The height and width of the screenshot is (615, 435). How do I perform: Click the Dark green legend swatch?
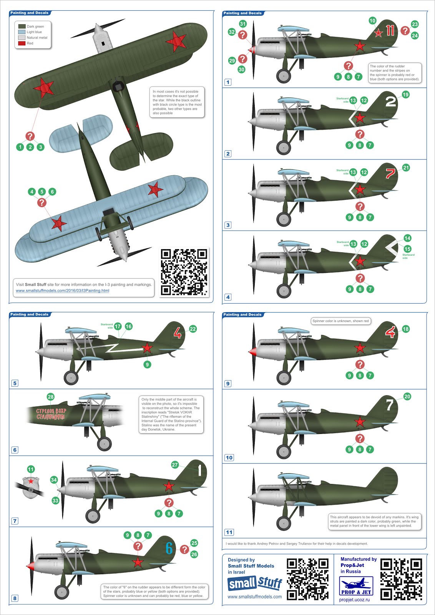point(22,27)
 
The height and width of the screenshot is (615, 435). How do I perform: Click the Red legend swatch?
point(22,43)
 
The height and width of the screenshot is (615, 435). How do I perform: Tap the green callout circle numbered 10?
point(372,20)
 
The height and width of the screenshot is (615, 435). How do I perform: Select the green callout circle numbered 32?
point(232,32)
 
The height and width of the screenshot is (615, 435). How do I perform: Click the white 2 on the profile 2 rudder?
point(390,101)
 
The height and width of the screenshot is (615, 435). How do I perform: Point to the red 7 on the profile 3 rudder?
point(390,173)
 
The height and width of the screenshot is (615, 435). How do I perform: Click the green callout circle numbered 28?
point(50,397)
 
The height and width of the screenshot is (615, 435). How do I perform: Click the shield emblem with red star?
point(31,487)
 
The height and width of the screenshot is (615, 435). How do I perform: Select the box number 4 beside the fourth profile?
point(228,297)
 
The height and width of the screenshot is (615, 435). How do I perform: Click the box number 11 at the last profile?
point(229,532)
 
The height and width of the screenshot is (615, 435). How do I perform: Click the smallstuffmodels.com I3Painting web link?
point(62,291)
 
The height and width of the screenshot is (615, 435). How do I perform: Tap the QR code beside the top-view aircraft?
point(184,271)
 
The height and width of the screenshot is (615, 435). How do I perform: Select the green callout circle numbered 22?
point(193,329)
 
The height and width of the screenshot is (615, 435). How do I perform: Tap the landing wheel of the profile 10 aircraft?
point(284,452)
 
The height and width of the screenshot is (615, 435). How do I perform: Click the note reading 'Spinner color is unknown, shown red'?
point(340,321)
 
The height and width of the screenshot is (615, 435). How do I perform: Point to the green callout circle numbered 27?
point(175,465)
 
